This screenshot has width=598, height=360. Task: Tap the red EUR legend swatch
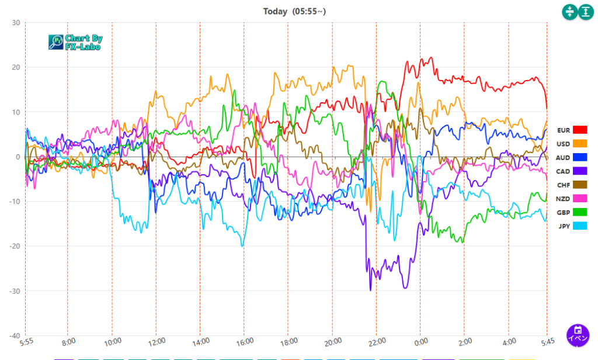click(580, 130)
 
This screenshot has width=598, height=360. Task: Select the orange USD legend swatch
click(580, 144)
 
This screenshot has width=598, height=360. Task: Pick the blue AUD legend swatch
click(580, 158)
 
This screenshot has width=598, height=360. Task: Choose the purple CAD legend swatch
click(580, 171)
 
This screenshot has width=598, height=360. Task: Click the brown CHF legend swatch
click(580, 185)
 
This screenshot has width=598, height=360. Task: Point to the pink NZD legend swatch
click(580, 199)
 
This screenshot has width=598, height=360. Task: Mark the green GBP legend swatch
click(580, 212)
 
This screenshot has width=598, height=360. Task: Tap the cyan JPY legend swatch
click(580, 226)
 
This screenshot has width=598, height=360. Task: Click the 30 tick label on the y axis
click(16, 23)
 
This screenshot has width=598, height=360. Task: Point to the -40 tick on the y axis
click(14, 335)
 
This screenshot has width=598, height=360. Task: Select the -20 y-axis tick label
click(14, 246)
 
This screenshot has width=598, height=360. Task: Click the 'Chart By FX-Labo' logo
click(75, 42)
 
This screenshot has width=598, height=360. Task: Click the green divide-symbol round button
click(569, 12)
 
